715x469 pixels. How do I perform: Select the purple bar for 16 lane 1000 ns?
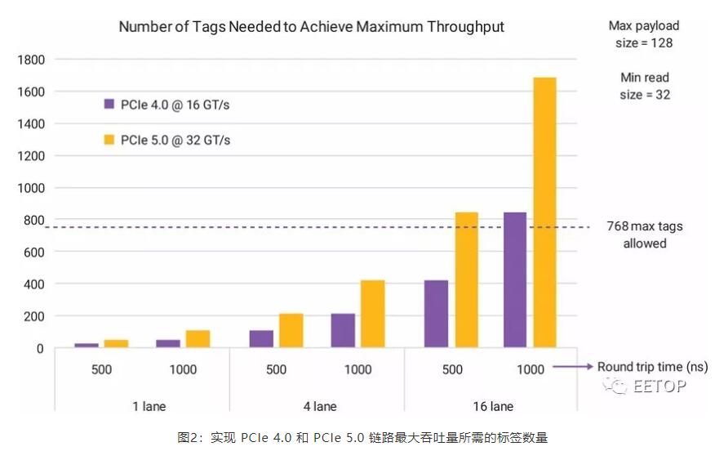[515, 279]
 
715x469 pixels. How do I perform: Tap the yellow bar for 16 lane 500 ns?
[466, 279]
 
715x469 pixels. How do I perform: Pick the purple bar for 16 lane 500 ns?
[437, 314]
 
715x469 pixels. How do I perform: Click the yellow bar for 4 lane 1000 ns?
[372, 314]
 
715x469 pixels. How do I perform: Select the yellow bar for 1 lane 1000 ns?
[198, 339]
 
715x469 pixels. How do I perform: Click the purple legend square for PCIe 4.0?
[109, 105]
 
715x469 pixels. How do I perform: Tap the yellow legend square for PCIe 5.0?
[109, 140]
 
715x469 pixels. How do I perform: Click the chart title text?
[311, 27]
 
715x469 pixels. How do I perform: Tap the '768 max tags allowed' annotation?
[645, 234]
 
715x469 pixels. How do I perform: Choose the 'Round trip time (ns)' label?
[652, 367]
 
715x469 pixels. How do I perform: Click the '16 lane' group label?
[492, 406]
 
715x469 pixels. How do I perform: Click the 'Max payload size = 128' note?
[643, 34]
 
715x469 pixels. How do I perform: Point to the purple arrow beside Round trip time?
[573, 367]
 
